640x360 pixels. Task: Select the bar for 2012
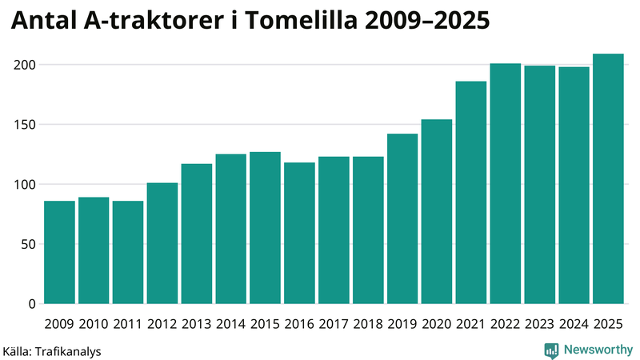coord(162,243)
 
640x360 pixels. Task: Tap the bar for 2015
coord(265,228)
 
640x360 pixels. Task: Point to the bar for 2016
coord(299,233)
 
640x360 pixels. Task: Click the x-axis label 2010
coord(94,324)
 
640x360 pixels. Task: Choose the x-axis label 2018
coord(368,324)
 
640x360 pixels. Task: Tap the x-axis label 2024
coord(574,324)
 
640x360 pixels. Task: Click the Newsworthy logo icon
coord(552,350)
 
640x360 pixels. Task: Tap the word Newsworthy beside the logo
coord(598,350)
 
